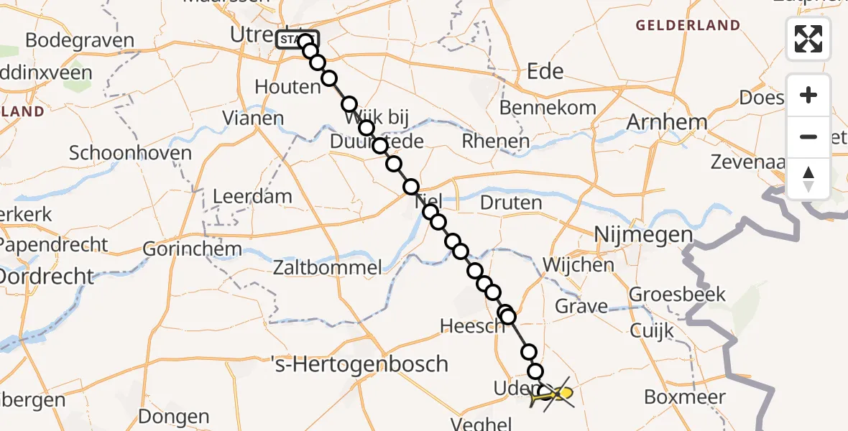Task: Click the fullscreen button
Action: tap(808, 38)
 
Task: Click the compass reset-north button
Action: tap(808, 179)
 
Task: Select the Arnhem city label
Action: tap(667, 122)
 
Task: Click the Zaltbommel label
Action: tap(327, 269)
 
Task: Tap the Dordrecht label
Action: tap(46, 277)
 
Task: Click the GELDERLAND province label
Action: tap(688, 26)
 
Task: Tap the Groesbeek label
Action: tap(678, 295)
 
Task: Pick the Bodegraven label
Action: tap(80, 40)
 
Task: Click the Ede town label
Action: tap(545, 71)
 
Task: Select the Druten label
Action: tap(510, 203)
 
